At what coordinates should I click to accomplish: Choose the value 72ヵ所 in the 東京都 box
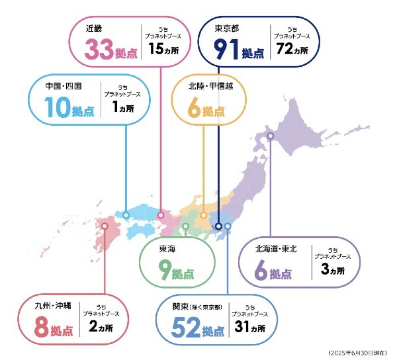pyautogui.click(x=292, y=50)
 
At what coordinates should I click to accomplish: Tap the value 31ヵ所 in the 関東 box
pyautogui.click(x=249, y=328)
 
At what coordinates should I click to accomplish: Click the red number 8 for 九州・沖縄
pyautogui.click(x=40, y=328)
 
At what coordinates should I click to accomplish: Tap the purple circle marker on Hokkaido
pyautogui.click(x=270, y=137)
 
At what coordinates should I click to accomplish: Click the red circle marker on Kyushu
pyautogui.click(x=105, y=226)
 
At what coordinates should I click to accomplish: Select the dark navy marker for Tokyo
pyautogui.click(x=218, y=226)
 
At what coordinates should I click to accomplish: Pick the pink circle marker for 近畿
pyautogui.click(x=160, y=215)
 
